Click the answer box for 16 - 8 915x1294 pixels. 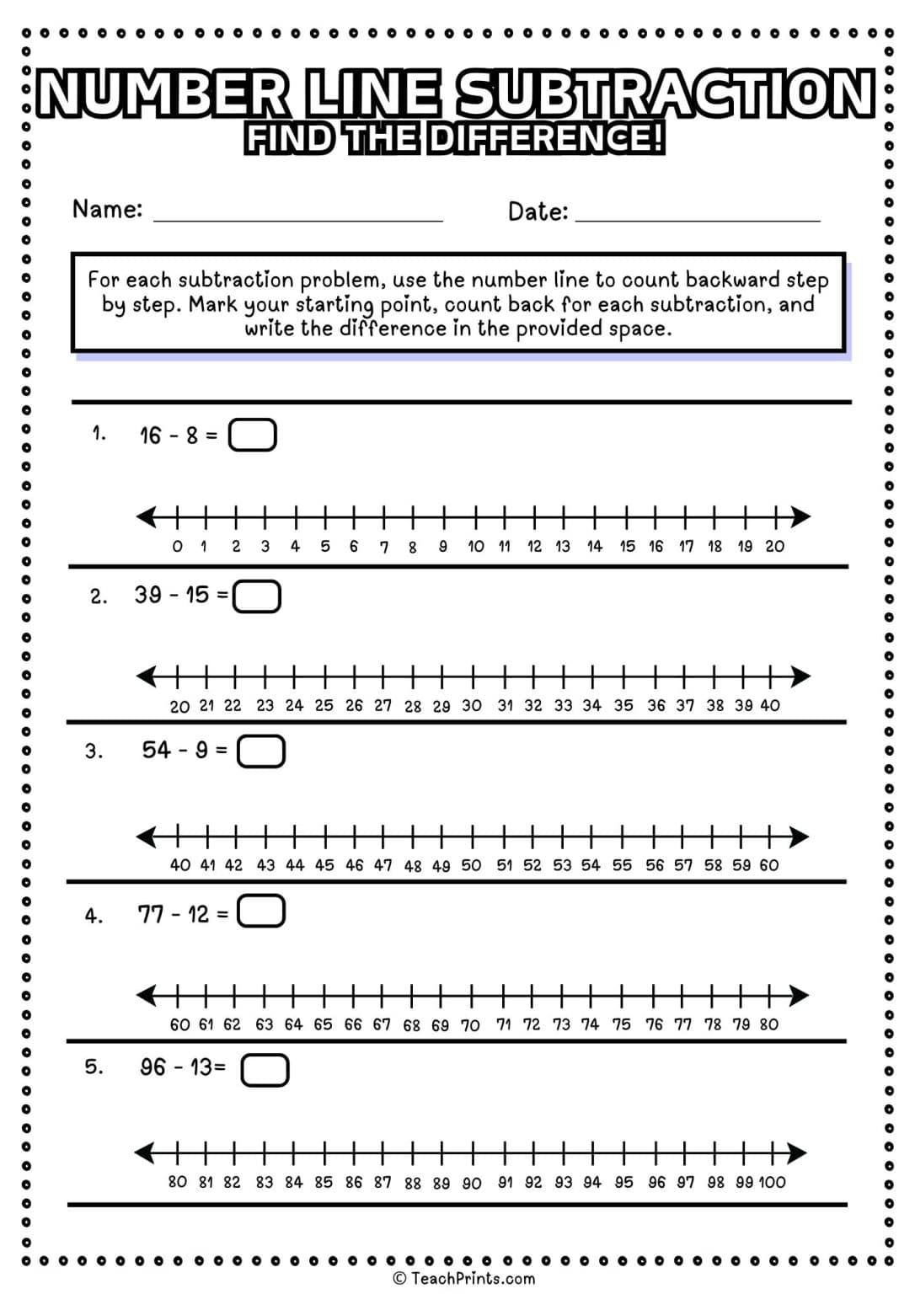pos(253,436)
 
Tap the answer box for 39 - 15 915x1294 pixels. pos(256,596)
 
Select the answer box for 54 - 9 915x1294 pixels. pos(261,751)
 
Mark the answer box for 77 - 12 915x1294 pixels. pos(261,912)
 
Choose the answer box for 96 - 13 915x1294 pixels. pos(265,1070)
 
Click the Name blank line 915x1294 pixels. pos(297,217)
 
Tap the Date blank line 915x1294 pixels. pos(698,218)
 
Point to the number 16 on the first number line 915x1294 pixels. pos(655,547)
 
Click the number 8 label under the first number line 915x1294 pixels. pos(413,548)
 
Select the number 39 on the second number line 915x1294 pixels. pos(743,706)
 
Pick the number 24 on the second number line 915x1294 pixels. pos(294,706)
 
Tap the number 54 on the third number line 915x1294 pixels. pos(591,865)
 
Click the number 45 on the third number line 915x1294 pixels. pos(324,865)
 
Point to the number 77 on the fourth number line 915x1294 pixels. pos(682,1024)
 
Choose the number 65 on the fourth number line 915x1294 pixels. pos(323,1024)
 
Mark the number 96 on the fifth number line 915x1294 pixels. pos(656,1183)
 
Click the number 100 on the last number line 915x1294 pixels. pos(772,1183)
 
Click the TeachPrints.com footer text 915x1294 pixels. pos(464,1279)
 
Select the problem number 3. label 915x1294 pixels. pos(94,751)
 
